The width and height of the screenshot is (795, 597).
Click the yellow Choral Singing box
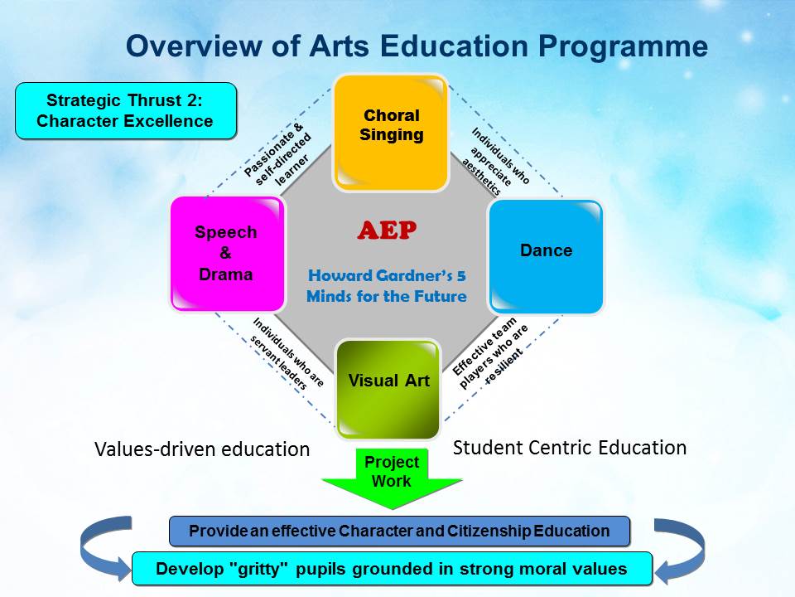point(391,133)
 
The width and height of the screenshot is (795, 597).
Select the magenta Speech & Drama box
point(228,254)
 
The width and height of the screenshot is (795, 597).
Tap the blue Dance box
point(546,257)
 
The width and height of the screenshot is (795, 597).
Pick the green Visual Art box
point(388,390)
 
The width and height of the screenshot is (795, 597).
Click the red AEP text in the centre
point(387,231)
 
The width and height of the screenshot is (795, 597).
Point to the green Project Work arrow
point(392,478)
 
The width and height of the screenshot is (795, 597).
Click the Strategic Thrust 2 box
point(126,110)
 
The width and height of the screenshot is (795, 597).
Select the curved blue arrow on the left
point(105,548)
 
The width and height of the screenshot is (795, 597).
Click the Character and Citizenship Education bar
point(399,531)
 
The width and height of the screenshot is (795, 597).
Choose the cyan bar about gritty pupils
point(392,569)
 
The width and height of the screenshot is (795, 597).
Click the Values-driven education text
point(202,449)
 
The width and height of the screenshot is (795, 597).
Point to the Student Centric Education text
point(570,448)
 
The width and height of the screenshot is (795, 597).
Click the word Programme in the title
point(623,47)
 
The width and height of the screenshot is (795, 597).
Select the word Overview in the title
point(193,46)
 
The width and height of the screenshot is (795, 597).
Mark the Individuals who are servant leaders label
point(287,353)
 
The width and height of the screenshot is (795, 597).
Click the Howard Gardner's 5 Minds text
point(387,286)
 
